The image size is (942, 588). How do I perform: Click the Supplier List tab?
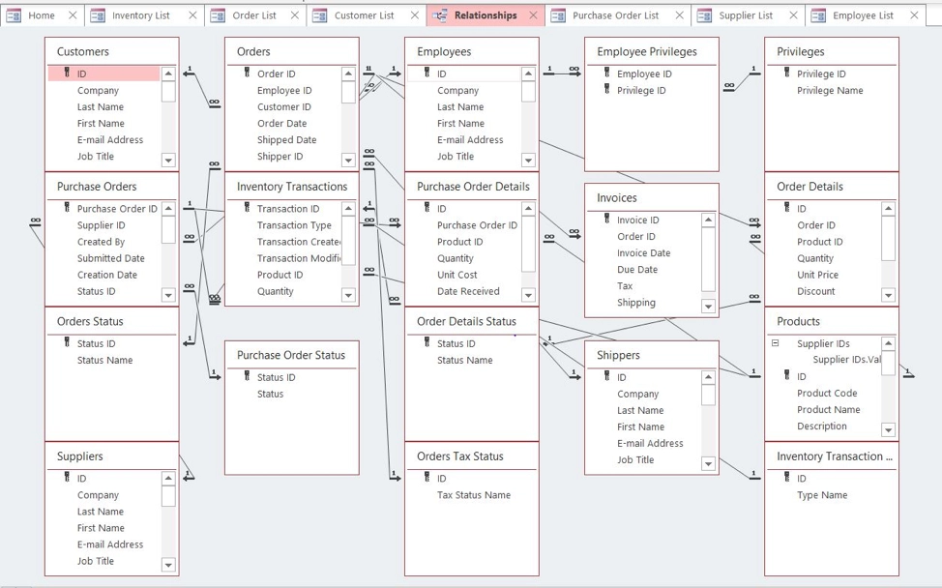[746, 15]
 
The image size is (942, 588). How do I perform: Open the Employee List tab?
[863, 15]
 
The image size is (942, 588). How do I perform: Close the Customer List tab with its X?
[415, 15]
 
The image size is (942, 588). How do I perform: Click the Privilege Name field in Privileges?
[830, 91]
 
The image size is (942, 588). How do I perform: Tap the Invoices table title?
[617, 198]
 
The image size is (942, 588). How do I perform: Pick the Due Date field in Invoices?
[637, 270]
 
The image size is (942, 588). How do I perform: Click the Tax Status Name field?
[473, 495]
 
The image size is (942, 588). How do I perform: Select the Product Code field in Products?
[827, 394]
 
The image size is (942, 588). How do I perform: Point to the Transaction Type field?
[294, 225]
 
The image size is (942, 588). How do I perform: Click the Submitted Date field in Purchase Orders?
[111, 258]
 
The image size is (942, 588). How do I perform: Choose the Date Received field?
[468, 291]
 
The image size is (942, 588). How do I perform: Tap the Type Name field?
[822, 495]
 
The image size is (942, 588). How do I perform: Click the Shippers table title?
[618, 355]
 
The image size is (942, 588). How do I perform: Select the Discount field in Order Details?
[816, 291]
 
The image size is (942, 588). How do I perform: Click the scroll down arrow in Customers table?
[168, 161]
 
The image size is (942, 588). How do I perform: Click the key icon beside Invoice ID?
[606, 220]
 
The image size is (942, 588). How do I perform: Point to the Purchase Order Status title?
[291, 355]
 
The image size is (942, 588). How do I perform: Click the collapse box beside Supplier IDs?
[775, 343]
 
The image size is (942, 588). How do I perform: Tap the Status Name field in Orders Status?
[104, 361]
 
